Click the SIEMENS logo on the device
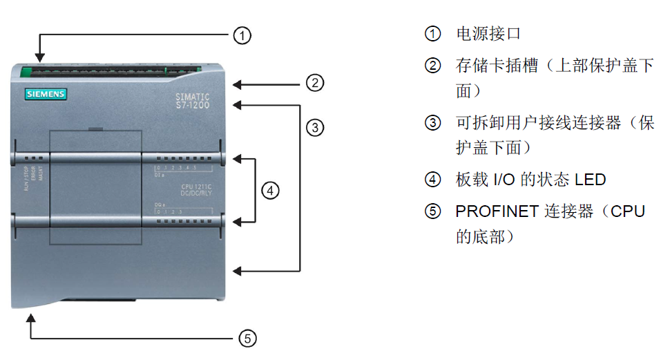coord(45,93)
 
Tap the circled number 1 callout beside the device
coord(241,35)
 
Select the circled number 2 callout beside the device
coord(315,84)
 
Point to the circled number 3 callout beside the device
coord(315,127)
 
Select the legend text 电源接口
coord(488,34)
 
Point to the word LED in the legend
coord(590,180)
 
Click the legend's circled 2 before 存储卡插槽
coord(432,66)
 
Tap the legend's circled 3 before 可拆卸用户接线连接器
coord(432,124)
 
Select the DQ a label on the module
coord(160,207)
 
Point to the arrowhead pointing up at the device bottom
coord(30,319)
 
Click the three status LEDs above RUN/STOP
coord(33,158)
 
